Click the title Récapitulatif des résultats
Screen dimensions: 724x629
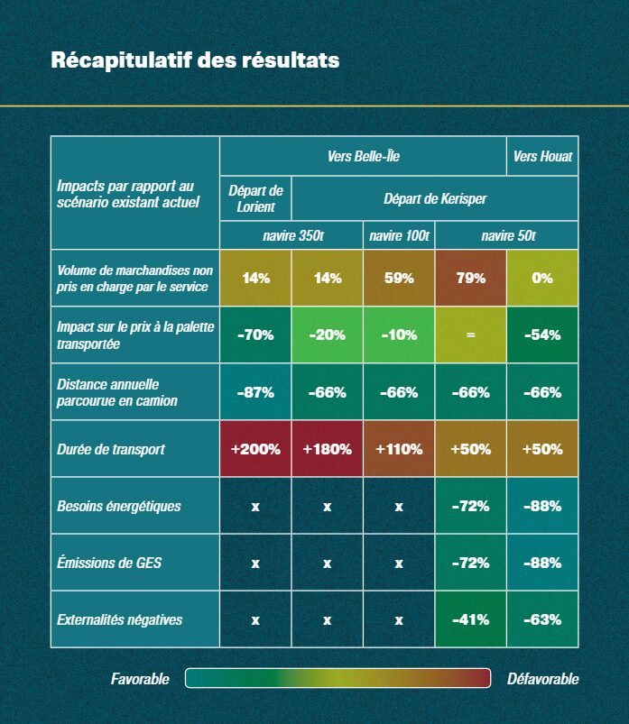click(x=195, y=60)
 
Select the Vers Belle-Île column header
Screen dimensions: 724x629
click(x=363, y=156)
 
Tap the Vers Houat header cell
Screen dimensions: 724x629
click(x=542, y=156)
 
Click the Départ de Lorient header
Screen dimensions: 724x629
click(x=255, y=198)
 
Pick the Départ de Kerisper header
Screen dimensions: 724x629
click(x=435, y=198)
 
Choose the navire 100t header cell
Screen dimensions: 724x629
click(x=399, y=235)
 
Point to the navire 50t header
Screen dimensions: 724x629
click(x=507, y=235)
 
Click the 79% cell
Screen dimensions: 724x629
click(x=471, y=278)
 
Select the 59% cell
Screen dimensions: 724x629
click(x=399, y=278)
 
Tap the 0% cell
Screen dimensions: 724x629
click(x=542, y=278)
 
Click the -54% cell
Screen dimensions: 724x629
click(x=542, y=335)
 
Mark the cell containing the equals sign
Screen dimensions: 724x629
click(x=470, y=335)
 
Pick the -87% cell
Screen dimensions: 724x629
click(x=255, y=392)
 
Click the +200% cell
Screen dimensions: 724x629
click(x=255, y=449)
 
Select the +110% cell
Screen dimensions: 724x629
click(x=399, y=449)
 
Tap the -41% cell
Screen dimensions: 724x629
click(x=470, y=619)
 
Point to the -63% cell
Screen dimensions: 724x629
click(x=542, y=619)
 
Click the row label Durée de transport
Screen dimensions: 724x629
click(x=111, y=449)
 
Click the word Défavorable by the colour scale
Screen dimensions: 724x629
click(x=543, y=679)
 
